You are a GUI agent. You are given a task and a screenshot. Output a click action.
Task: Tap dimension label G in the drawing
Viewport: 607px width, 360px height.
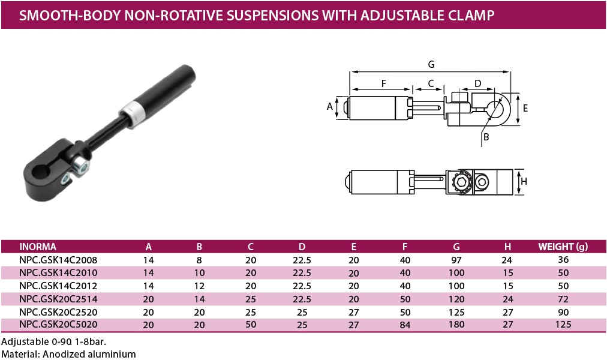point(431,64)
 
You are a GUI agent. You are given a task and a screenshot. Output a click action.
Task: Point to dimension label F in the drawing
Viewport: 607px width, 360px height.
point(383,83)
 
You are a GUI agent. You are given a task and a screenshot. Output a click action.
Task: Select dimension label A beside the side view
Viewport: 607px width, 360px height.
point(330,107)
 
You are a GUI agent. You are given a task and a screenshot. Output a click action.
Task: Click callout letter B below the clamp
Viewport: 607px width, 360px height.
point(486,137)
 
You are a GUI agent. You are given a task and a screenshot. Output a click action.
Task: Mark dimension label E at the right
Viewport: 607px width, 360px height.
point(525,109)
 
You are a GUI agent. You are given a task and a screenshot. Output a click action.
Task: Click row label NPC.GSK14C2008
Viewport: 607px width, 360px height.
point(58,260)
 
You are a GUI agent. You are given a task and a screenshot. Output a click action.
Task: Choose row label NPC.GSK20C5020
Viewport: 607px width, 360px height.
point(58,325)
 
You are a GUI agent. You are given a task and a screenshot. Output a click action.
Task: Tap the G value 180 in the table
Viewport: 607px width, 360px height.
point(456,325)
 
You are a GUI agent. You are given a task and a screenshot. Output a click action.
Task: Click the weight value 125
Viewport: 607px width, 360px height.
point(563,325)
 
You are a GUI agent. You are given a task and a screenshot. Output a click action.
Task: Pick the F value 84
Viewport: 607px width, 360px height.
point(405,325)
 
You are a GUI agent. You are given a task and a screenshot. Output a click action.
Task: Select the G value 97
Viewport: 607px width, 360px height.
point(456,260)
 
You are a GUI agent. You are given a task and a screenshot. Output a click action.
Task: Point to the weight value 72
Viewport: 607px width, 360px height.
point(563,299)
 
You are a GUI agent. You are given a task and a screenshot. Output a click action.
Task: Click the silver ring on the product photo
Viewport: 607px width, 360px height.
point(132,112)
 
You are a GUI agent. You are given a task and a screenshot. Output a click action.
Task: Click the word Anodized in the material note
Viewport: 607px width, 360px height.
point(64,354)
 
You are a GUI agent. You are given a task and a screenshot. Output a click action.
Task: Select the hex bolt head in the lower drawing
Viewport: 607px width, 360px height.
point(461,182)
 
